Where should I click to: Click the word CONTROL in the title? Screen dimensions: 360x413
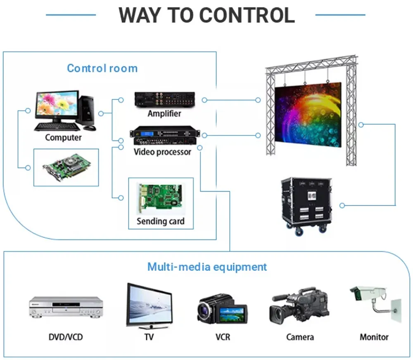pos(247,15)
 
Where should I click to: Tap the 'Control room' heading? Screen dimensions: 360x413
pos(102,68)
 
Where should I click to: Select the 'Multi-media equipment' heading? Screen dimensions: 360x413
pos(207,267)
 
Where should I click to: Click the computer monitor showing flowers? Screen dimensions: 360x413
pos(57,104)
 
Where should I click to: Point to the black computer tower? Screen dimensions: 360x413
pos(87,111)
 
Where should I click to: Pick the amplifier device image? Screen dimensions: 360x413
pos(164,100)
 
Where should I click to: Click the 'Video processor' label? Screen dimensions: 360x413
pos(162,152)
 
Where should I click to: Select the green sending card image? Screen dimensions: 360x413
pos(161,196)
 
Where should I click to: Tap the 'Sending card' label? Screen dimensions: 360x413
pos(160,221)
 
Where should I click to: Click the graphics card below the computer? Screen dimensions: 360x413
pos(66,167)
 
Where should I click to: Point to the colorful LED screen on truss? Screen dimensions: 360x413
pos(308,114)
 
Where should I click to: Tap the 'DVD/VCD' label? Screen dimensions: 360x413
pos(66,337)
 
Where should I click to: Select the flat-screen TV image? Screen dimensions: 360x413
pos(149,306)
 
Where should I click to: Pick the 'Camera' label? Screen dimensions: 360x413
pos(300,337)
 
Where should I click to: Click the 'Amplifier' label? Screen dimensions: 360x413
pos(164,114)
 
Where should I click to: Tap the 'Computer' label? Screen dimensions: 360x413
pos(63,137)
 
